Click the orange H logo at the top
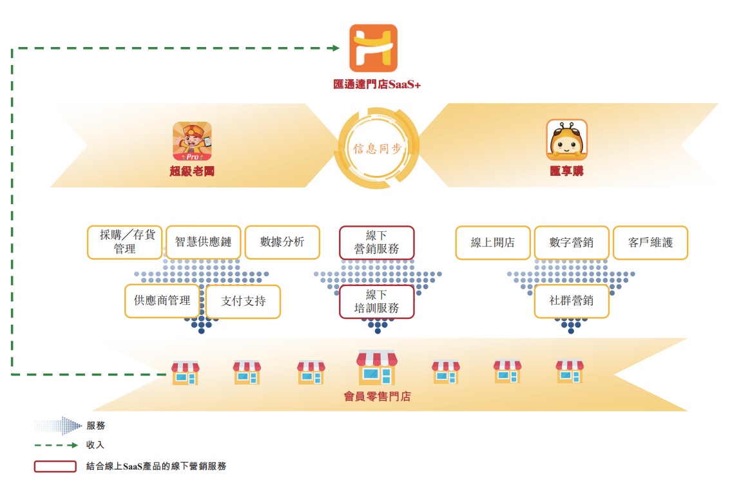pos(373,48)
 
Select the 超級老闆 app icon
pos(192,141)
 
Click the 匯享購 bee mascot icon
pos(566,139)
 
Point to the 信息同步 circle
pos(377,148)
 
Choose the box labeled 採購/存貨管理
pos(125,242)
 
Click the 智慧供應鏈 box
pos(203,242)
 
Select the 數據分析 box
pos(282,242)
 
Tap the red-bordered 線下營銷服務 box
pos(377,242)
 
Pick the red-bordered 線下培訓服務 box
pos(377,301)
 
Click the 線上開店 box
pos(493,242)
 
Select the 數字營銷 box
pos(572,242)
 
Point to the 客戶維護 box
pos(650,242)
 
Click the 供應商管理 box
pos(162,301)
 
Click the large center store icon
pos(377,368)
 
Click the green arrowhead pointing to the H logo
pos(335,48)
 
